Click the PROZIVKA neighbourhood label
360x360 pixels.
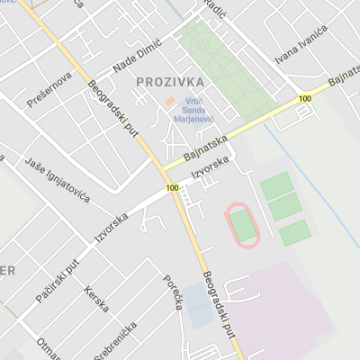tap(170, 82)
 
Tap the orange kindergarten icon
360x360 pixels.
tap(170, 102)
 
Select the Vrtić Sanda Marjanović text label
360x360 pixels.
tap(199, 109)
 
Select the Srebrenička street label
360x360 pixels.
tap(114, 339)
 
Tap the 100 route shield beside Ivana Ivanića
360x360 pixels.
tap(305, 98)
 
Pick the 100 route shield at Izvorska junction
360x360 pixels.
tap(172, 188)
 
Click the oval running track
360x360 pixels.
tap(242, 223)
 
